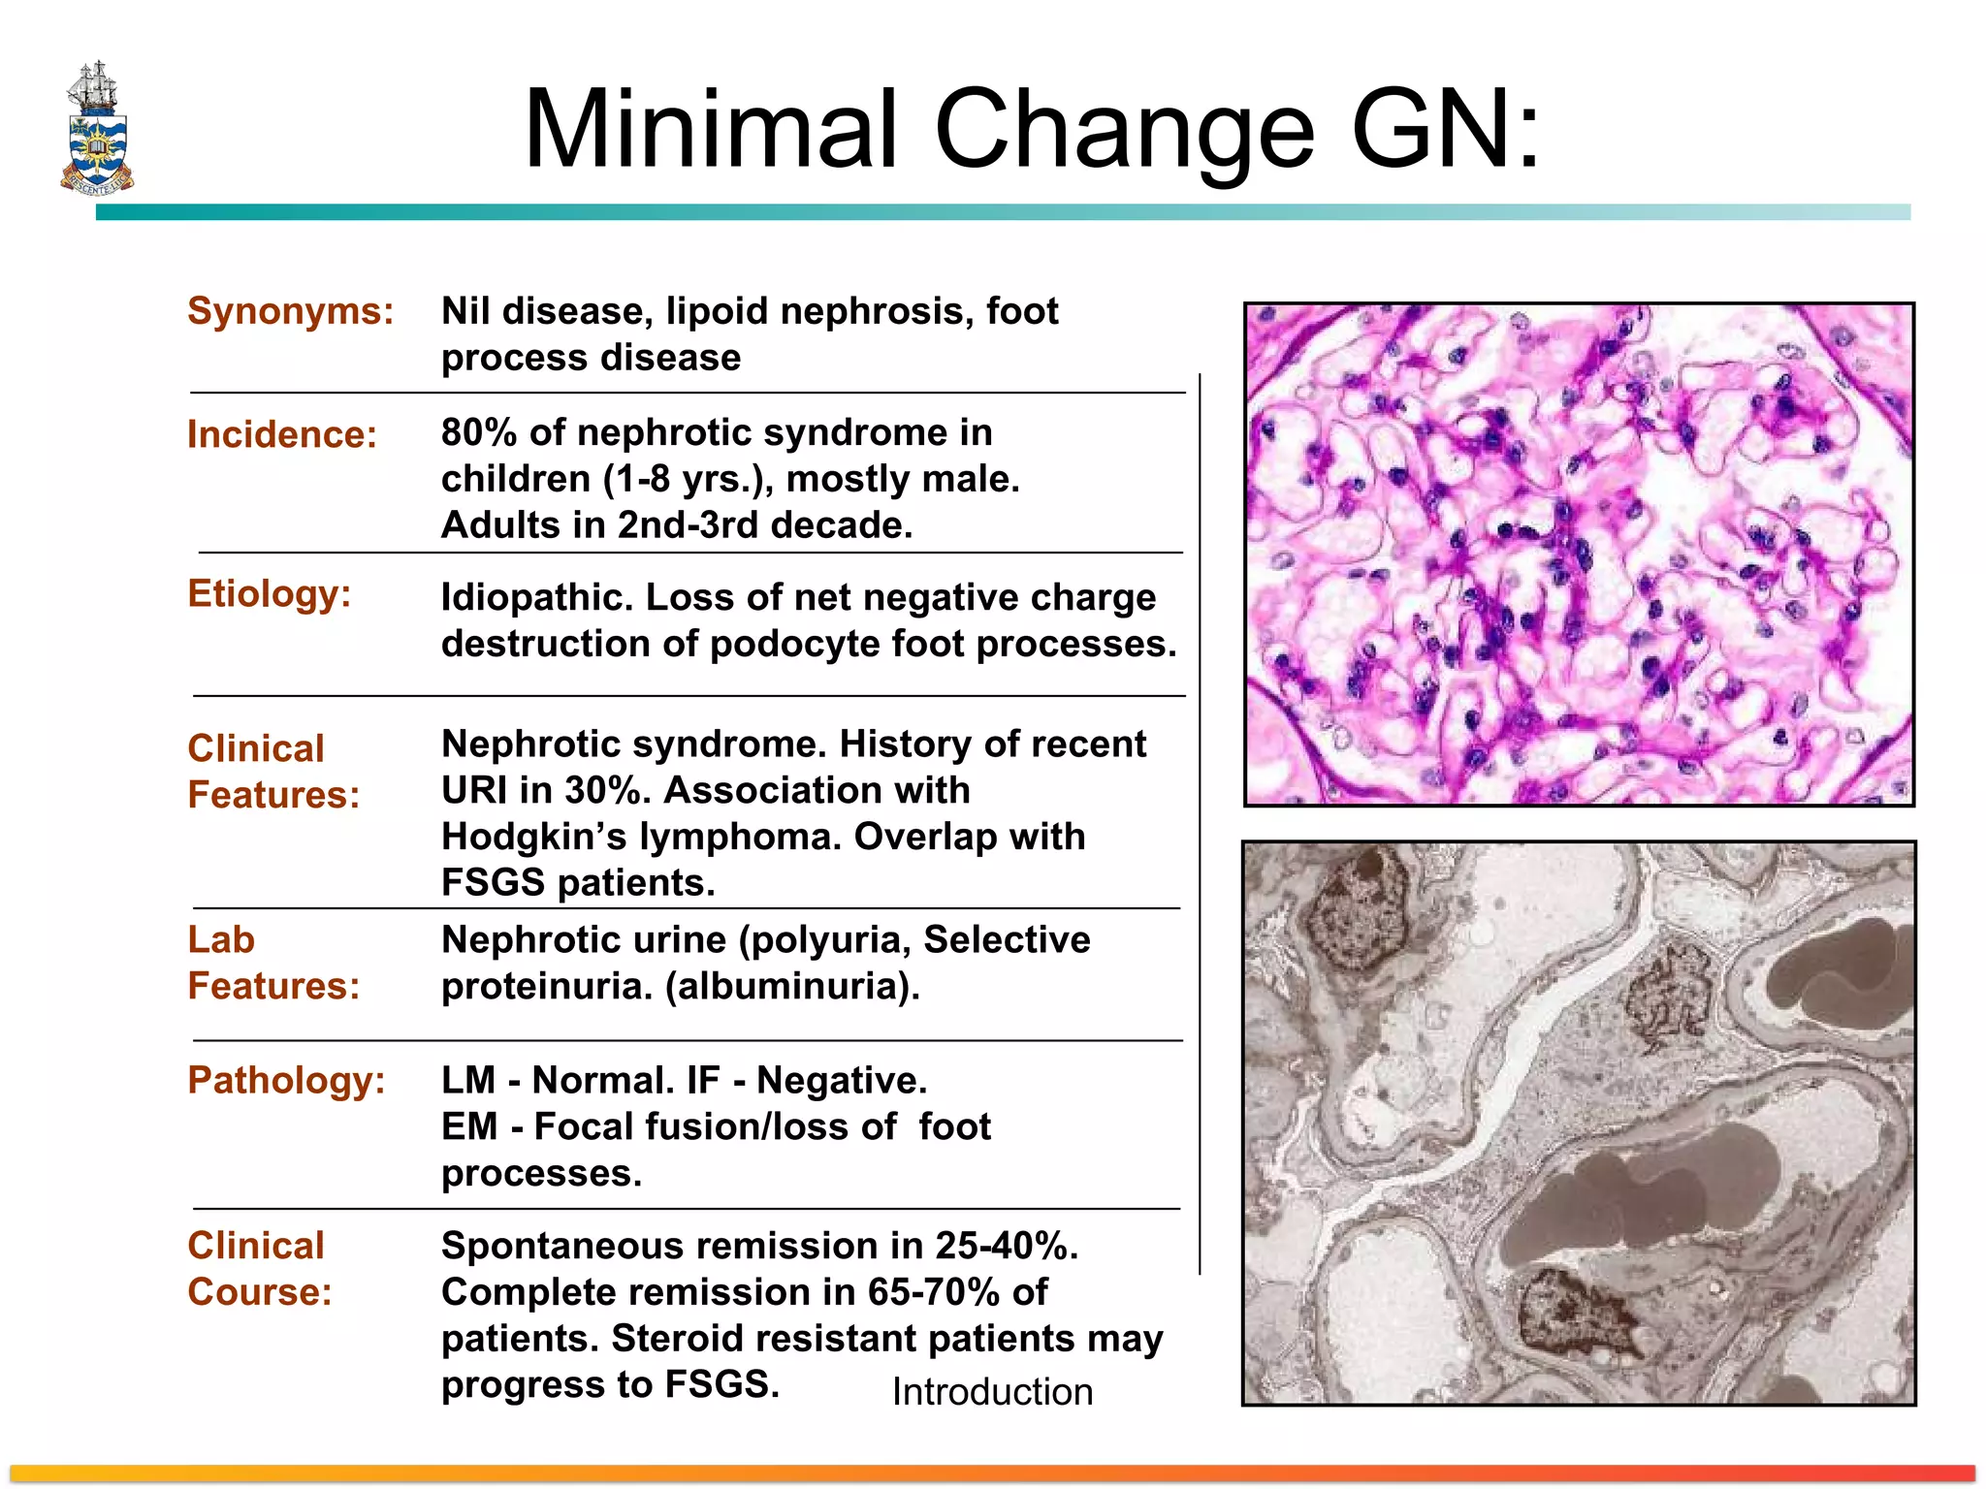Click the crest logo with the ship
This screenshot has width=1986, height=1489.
click(x=97, y=128)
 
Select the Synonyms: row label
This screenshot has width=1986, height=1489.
click(x=290, y=311)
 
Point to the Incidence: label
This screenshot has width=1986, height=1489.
click(x=281, y=434)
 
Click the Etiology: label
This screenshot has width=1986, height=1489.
click(x=269, y=593)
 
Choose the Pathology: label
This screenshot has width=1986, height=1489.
click(x=286, y=1080)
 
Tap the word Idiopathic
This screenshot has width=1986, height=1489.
click(x=536, y=597)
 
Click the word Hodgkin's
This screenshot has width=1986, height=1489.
click(x=534, y=837)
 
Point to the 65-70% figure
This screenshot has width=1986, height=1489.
click(x=933, y=1292)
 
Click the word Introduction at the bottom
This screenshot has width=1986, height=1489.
click(x=992, y=1392)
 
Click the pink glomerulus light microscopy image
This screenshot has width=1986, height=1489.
click(x=1579, y=554)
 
